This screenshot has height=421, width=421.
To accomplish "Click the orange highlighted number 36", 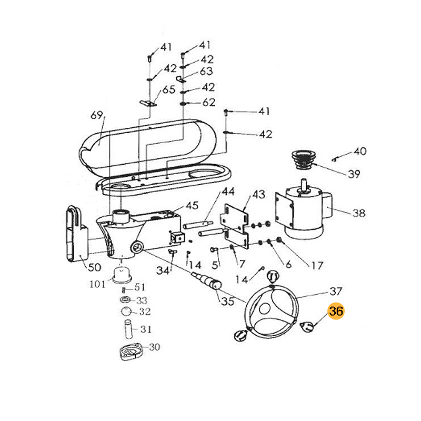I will [x=336, y=312].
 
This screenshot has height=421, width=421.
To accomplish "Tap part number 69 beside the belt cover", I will [x=96, y=115].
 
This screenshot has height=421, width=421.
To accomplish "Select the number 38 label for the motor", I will [x=358, y=213].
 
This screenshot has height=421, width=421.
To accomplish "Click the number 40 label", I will [x=359, y=152].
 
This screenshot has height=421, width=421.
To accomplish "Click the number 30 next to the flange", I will [x=154, y=347].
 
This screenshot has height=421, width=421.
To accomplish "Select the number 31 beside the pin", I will [x=145, y=329].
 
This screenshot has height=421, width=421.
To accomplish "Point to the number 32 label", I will [x=144, y=312].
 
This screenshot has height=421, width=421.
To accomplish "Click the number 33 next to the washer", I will [x=142, y=300].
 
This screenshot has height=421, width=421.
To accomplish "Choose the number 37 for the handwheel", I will [x=336, y=291].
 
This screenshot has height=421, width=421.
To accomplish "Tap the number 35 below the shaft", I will [x=227, y=302].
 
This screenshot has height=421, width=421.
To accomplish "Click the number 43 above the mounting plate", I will [x=258, y=195].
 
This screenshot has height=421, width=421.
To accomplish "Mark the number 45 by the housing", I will [x=192, y=205].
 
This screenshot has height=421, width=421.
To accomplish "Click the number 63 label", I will [x=206, y=71].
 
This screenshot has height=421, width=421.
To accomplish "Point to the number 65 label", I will [x=168, y=89].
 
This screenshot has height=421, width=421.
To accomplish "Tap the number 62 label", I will [x=209, y=103].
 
